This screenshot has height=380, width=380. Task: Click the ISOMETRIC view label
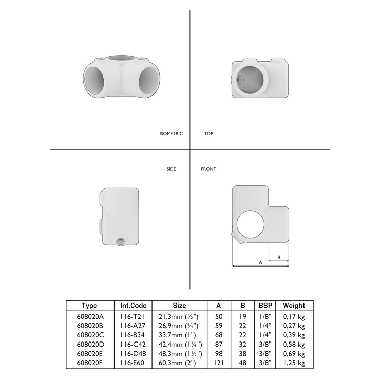pyautogui.click(x=171, y=134)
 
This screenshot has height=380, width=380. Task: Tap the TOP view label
pyautogui.click(x=209, y=134)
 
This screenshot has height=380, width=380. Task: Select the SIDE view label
pyautogui.click(x=171, y=169)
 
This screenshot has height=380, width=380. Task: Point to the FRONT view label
pyautogui.click(x=208, y=169)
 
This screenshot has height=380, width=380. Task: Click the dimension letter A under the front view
pyautogui.click(x=260, y=263)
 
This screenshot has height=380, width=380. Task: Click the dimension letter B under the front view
pyautogui.click(x=279, y=258)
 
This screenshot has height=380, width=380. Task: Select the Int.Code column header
pyautogui.click(x=133, y=306)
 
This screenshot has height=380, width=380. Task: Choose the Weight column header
pyautogui.click(x=294, y=306)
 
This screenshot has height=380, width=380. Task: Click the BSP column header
pyautogui.click(x=265, y=306)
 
